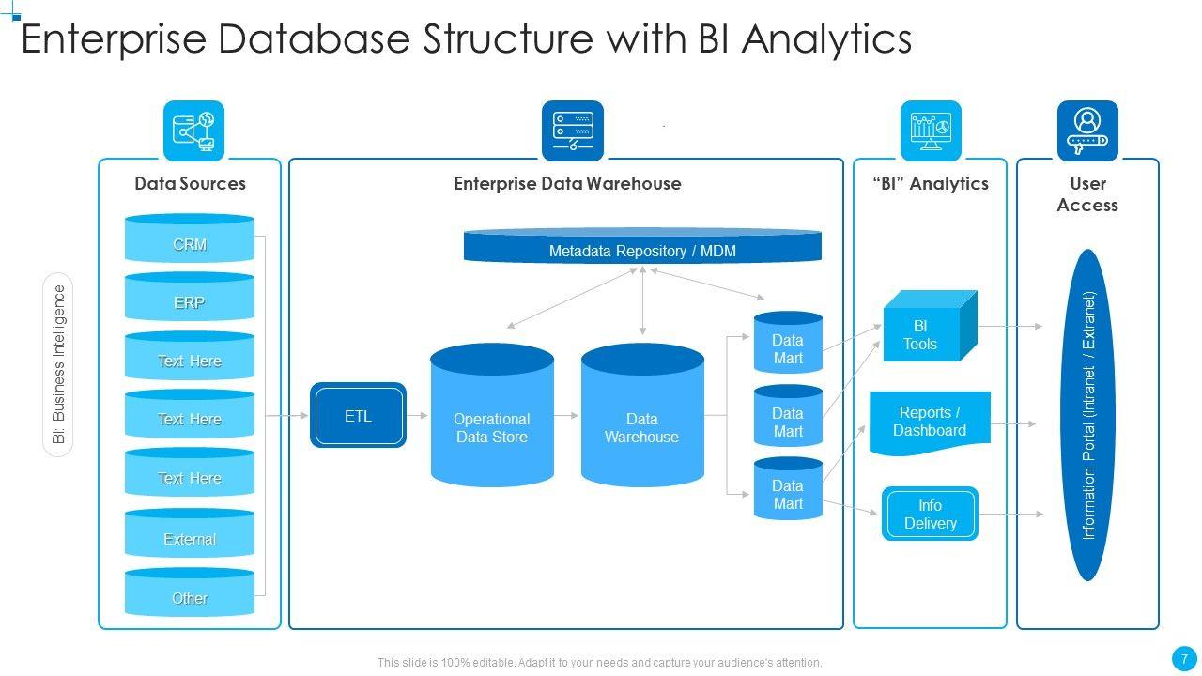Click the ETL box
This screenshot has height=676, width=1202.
pyautogui.click(x=358, y=415)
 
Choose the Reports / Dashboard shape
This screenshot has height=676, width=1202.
pyautogui.click(x=930, y=422)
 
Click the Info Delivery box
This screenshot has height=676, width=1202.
pyautogui.click(x=930, y=514)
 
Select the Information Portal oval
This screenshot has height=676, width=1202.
pyautogui.click(x=1088, y=415)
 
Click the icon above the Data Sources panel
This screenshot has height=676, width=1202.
pyautogui.click(x=193, y=131)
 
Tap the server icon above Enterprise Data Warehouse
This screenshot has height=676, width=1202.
pyautogui.click(x=573, y=131)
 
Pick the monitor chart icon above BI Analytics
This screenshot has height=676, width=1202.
pyautogui.click(x=931, y=131)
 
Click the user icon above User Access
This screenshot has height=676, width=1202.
pyautogui.click(x=1087, y=131)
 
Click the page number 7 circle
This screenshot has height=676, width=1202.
pyautogui.click(x=1185, y=657)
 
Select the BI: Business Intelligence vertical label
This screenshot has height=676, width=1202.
pyautogui.click(x=59, y=364)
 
